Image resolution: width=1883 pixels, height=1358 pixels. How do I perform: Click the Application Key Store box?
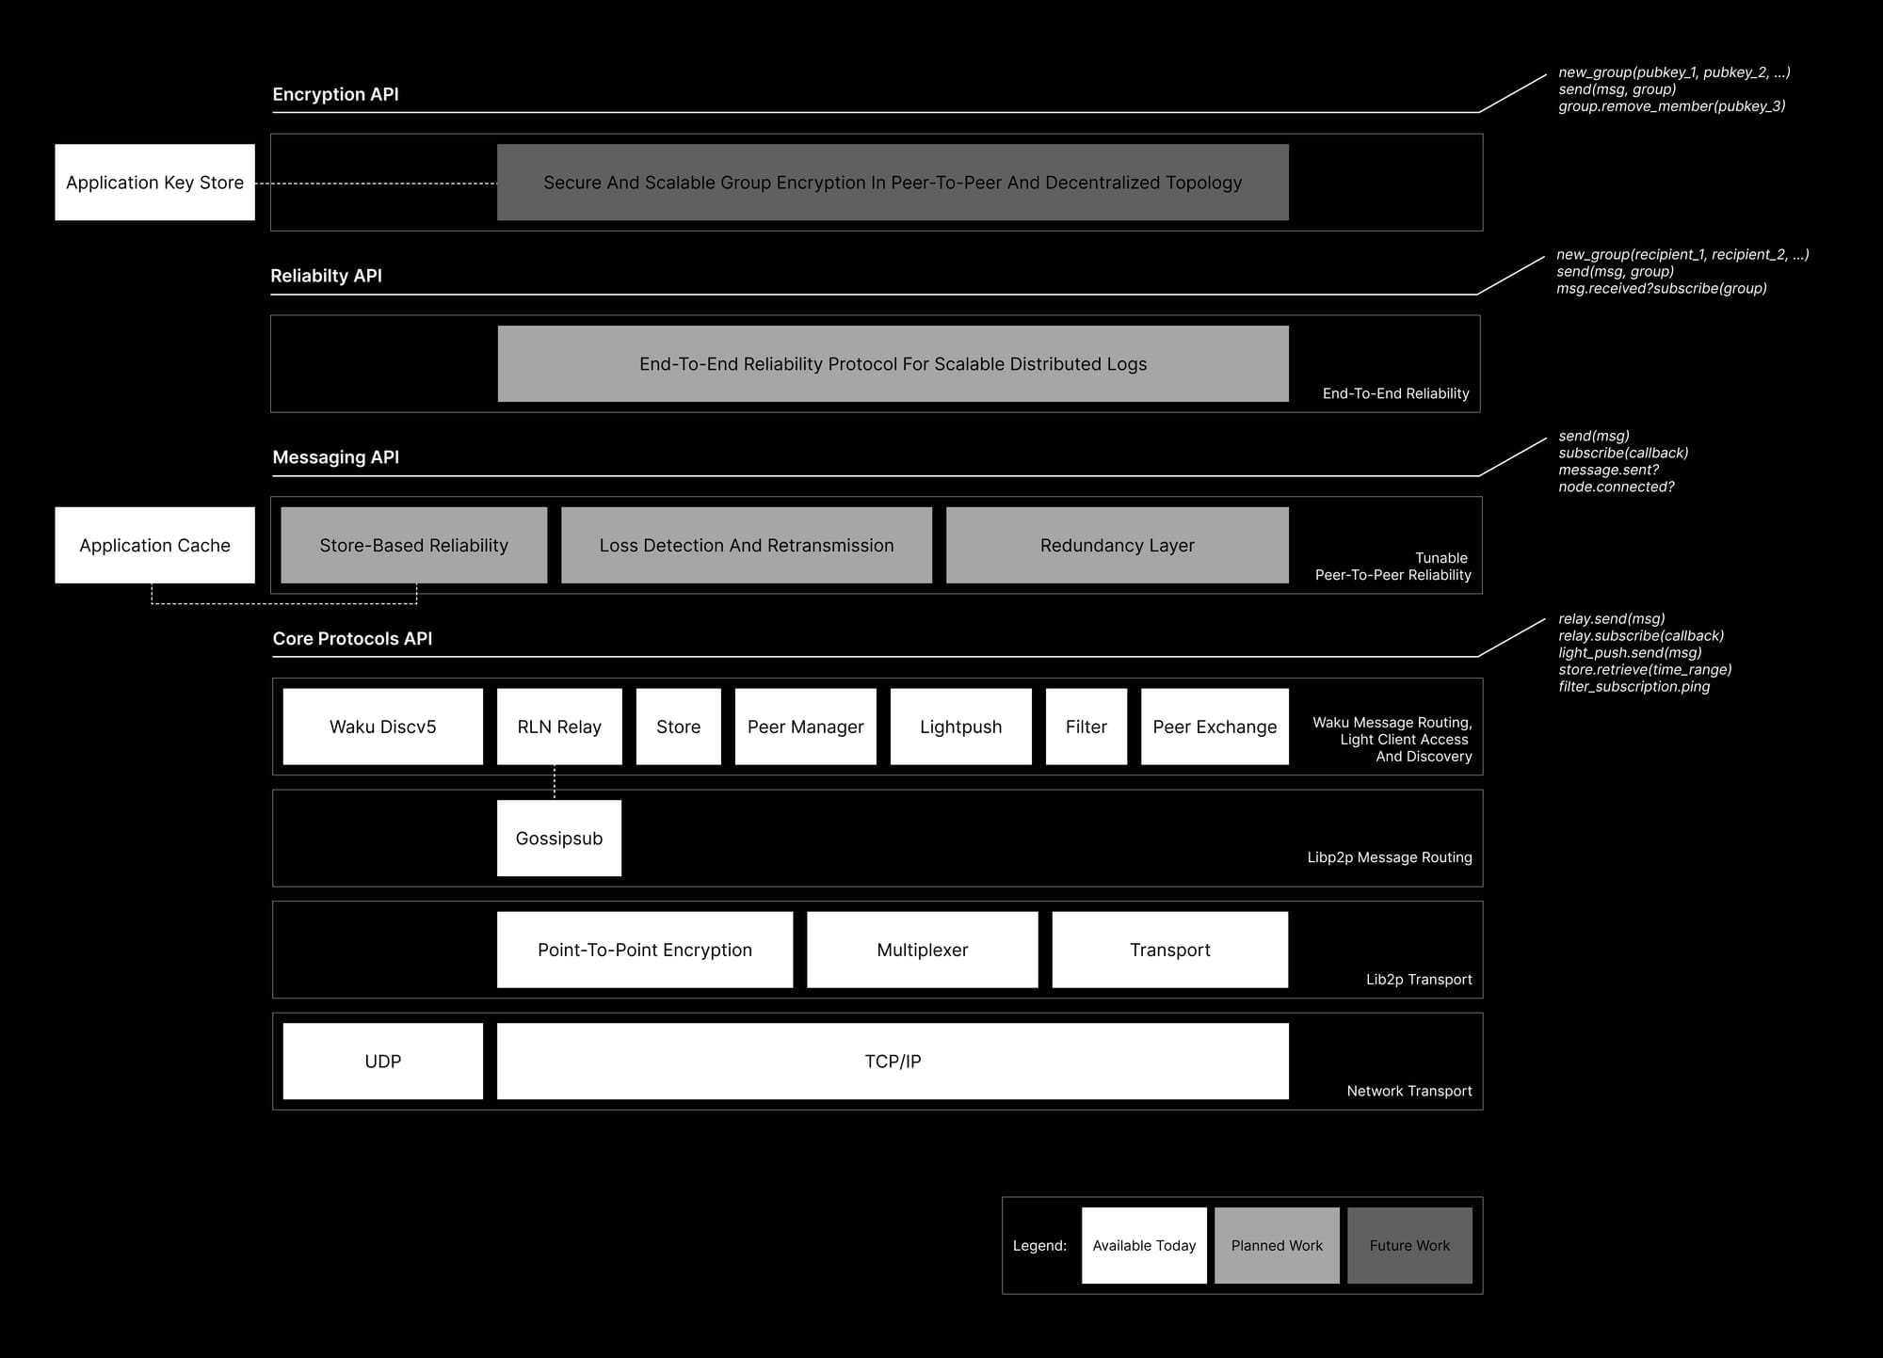click(x=154, y=183)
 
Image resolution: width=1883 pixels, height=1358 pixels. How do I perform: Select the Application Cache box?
click(x=154, y=545)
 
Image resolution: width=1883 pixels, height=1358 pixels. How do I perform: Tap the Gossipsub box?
click(x=559, y=839)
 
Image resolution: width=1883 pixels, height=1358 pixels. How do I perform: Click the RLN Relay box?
click(x=559, y=727)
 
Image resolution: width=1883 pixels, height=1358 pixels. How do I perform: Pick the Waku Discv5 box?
click(x=383, y=727)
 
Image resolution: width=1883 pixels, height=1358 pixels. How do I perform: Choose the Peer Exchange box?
click(x=1215, y=727)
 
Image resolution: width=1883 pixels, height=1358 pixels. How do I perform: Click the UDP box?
click(x=383, y=1062)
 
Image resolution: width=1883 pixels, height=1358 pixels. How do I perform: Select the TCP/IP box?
click(x=893, y=1062)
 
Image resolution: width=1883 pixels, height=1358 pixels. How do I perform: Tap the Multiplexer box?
click(x=923, y=950)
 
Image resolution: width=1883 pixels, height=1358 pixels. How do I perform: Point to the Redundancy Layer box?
click(x=1118, y=545)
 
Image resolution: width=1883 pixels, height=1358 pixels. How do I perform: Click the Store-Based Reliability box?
click(x=414, y=545)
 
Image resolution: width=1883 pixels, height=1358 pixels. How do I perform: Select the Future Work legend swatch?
click(x=1409, y=1245)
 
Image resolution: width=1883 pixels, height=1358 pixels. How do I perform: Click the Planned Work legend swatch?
click(x=1277, y=1245)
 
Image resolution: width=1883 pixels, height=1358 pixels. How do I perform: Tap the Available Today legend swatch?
click(x=1144, y=1245)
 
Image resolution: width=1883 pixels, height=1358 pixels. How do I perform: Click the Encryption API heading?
click(x=336, y=94)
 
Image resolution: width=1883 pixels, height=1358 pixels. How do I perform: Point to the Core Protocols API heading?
click(x=353, y=638)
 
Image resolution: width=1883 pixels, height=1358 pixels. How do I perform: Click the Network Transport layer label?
click(x=1409, y=1091)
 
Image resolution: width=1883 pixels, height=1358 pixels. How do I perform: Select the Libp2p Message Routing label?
click(x=1390, y=857)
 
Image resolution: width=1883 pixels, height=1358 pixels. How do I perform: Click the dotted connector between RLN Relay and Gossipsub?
click(x=555, y=782)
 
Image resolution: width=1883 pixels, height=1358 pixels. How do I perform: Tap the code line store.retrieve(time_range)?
click(x=1645, y=669)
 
